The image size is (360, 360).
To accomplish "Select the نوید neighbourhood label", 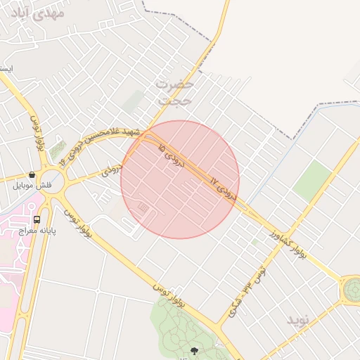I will (297, 320).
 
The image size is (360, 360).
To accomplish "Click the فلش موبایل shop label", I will (33, 186).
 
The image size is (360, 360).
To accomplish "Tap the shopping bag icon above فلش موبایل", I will (32, 174).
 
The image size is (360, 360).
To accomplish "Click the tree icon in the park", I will (194, 350).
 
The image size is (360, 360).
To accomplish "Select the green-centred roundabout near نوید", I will (351, 290).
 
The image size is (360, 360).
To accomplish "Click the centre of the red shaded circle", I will (180, 179).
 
